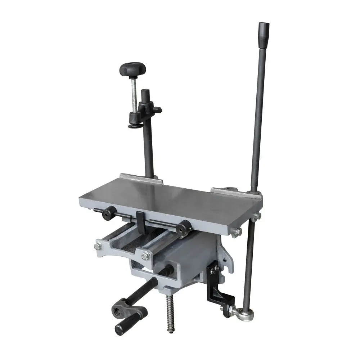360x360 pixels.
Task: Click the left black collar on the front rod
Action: pos(108,213)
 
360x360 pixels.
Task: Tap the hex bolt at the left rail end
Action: pos(98,247)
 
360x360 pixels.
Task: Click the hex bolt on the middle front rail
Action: pos(145,257)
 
